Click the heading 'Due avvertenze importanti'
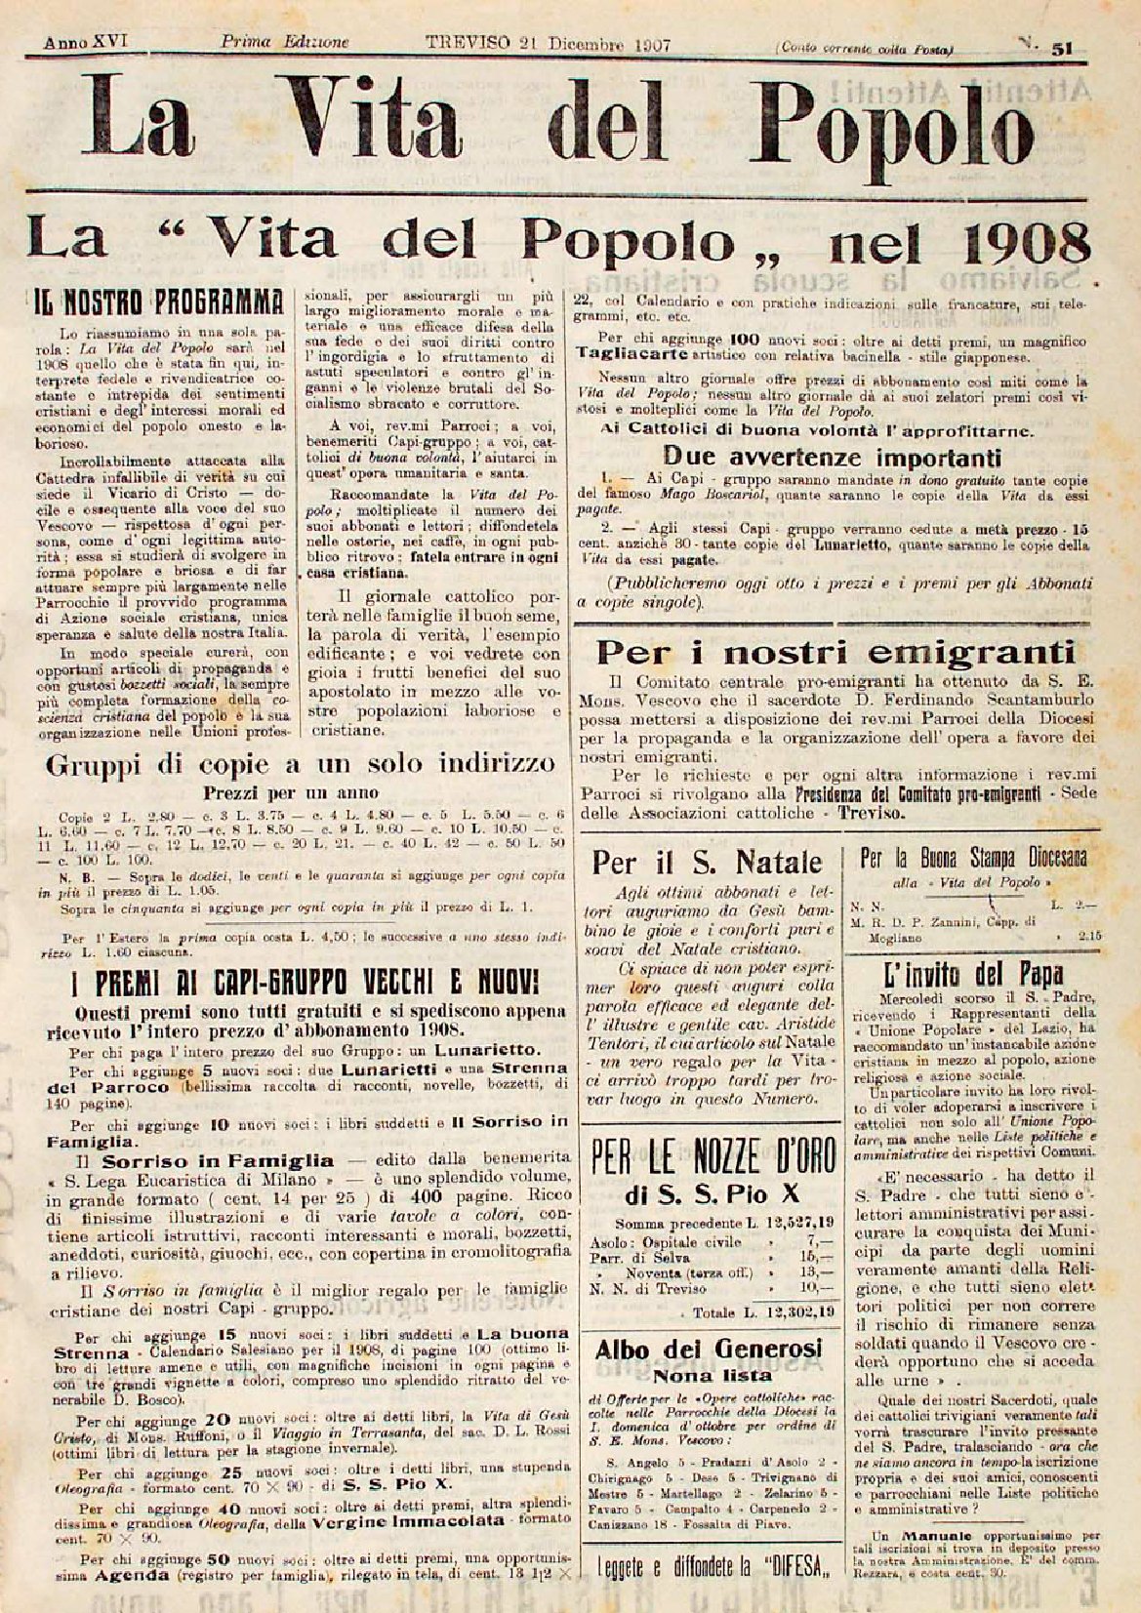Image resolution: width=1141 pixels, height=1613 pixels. tap(832, 456)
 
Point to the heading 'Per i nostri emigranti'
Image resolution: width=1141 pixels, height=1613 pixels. tap(835, 652)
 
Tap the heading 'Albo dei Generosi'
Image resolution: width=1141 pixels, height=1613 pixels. tap(708, 1350)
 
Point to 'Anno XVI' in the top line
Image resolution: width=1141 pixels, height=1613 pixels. tap(79, 43)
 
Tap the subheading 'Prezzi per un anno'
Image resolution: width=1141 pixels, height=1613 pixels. tap(291, 792)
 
